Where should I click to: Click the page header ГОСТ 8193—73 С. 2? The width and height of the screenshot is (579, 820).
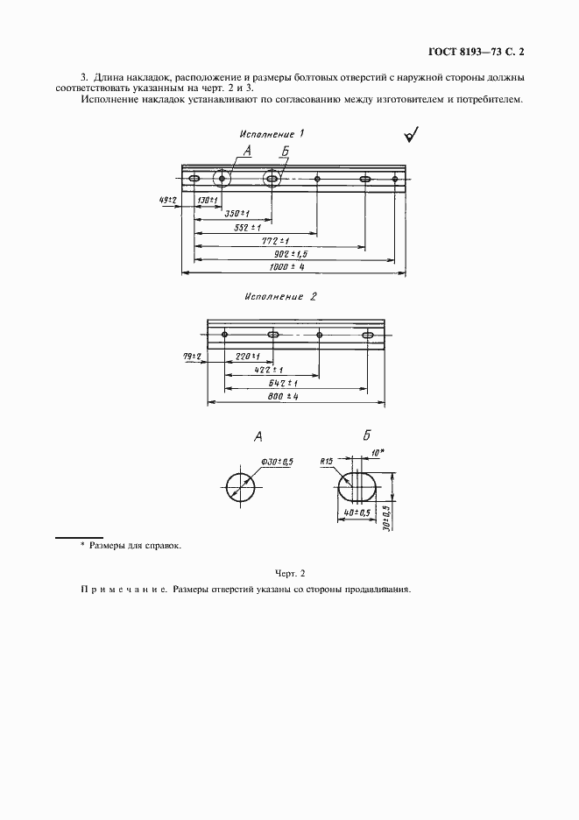point(483,53)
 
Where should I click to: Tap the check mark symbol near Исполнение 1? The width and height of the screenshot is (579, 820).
point(410,136)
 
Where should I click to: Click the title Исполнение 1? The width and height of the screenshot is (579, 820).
point(272,134)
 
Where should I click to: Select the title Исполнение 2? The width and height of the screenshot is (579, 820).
point(281,296)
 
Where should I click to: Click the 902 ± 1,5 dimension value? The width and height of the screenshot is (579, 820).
point(286,253)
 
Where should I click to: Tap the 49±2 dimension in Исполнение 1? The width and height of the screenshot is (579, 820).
point(168,200)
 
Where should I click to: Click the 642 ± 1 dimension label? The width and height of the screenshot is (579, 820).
point(282,383)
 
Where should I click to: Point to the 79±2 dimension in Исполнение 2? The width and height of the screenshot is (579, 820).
point(193,356)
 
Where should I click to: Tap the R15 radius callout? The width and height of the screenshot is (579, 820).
point(327,461)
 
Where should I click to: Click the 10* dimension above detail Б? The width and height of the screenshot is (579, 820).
point(378,453)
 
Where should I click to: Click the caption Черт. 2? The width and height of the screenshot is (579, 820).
point(289,574)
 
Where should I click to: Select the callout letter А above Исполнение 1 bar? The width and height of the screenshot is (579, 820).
point(247,152)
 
